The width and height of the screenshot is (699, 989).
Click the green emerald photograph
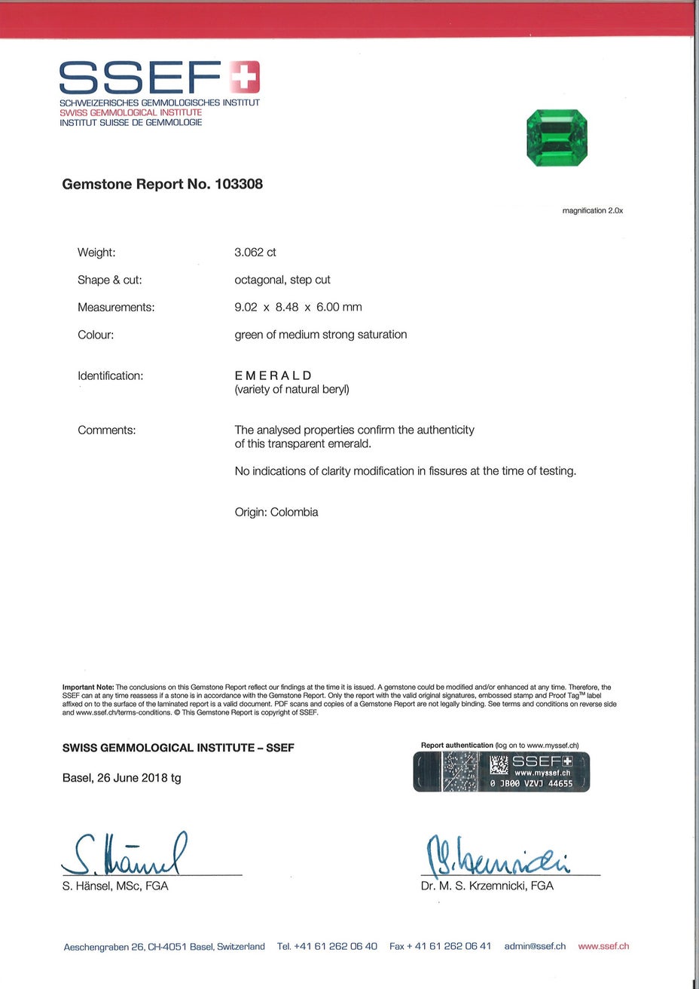557,138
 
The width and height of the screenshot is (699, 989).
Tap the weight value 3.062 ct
255,253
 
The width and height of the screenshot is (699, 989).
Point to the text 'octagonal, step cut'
282,280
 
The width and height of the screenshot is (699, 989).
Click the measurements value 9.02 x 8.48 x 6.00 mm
298,308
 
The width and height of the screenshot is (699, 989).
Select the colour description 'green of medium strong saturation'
321,335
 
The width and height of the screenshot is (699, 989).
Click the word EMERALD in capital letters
273,375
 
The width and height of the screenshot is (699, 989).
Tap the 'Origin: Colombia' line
276,513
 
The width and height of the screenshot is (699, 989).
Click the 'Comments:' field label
107,430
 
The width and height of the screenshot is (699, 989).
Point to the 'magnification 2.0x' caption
593,211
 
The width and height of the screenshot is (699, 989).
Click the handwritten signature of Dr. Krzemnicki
498,856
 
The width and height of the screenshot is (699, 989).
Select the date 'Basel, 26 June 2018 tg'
122,778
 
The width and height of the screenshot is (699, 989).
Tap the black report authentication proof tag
502,772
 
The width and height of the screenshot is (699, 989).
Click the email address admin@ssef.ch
535,946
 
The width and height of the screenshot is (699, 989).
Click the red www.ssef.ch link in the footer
603,946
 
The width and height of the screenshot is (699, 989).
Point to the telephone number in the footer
327,946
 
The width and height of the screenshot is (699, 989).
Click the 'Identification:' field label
111,375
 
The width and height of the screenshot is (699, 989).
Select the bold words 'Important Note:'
88,687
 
